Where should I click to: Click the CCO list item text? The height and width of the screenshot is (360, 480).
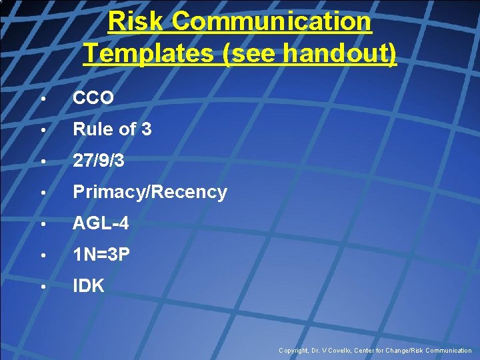pos(93,98)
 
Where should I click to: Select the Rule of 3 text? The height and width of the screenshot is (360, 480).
pos(112,129)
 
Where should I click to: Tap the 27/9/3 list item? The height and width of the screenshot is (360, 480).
pos(99,161)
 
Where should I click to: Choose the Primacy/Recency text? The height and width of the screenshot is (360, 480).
pos(150,192)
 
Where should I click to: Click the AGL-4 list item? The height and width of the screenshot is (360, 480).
pos(101,224)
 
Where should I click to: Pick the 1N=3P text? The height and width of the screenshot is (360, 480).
pos(102,255)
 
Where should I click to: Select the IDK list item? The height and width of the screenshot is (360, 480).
pos(89,287)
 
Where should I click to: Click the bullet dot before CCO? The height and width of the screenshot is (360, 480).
pos(42,99)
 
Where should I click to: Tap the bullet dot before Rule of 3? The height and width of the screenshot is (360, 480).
pos(42,130)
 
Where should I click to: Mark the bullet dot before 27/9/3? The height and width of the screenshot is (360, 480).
pos(42,161)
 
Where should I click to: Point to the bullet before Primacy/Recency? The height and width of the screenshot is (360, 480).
pos(42,193)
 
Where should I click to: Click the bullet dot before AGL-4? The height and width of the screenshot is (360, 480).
pos(42,225)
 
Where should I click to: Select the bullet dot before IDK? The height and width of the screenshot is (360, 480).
pos(42,287)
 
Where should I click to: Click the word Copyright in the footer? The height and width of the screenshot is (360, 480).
pos(293,351)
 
